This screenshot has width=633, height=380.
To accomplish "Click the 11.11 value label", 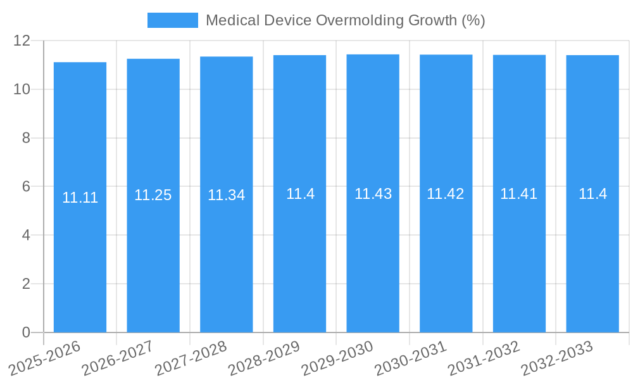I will coord(80,198).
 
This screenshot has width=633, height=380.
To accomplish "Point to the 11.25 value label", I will coord(153,195).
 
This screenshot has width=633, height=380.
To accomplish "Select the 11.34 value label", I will coord(226,195).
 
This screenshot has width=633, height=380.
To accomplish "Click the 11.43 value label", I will coord(373,194).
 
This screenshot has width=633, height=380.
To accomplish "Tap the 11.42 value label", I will coord(445,194).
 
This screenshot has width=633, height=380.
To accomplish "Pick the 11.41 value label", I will coord(518,194).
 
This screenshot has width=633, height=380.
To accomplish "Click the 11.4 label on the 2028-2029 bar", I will coord(300,194).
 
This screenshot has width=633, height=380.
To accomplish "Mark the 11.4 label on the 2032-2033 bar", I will coord(592,194).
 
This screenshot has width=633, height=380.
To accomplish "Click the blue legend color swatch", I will coord(172,20).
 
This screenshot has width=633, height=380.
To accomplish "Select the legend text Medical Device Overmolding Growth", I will coord(345,20).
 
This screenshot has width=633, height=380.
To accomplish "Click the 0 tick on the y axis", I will coord(26,332).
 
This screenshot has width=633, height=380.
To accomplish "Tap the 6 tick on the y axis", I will coord(26,187).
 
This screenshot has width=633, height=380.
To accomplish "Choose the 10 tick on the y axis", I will coord(22,89).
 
